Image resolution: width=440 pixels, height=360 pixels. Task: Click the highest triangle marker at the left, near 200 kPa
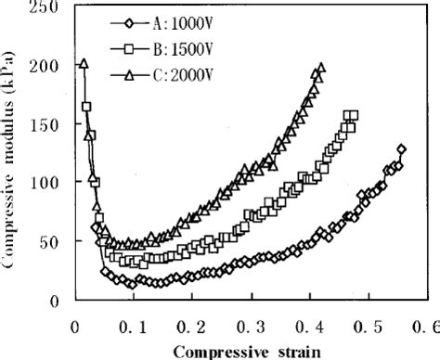84,64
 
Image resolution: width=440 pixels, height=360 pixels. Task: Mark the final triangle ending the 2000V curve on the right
321,68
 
